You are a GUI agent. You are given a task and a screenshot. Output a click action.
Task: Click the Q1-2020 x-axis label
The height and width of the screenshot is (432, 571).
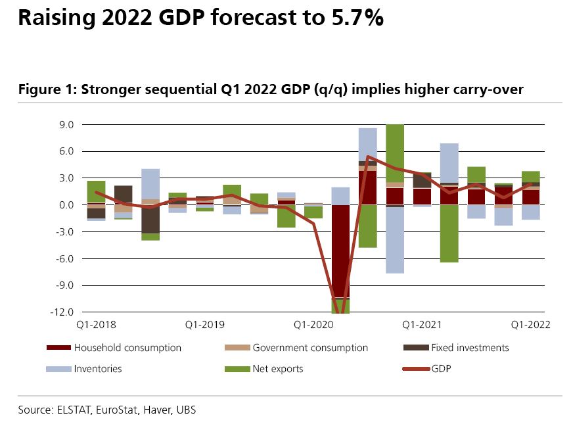pyautogui.click(x=312, y=324)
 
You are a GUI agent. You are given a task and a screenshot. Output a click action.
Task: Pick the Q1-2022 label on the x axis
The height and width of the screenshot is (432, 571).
pyautogui.click(x=530, y=324)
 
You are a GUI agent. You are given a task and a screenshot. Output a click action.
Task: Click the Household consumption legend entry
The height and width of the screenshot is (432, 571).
pyautogui.click(x=127, y=348)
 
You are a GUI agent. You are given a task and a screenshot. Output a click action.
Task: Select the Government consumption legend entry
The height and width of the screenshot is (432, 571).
pyautogui.click(x=310, y=348)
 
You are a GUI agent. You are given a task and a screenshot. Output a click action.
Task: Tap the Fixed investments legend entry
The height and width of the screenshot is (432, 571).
pyautogui.click(x=470, y=348)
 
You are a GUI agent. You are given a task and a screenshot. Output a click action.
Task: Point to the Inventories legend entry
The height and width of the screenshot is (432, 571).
pyautogui.click(x=98, y=369)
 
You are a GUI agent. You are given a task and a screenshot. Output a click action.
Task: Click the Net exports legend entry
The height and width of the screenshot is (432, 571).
pyautogui.click(x=278, y=369)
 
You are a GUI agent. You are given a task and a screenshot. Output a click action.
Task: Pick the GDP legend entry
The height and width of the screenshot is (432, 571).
pyautogui.click(x=442, y=369)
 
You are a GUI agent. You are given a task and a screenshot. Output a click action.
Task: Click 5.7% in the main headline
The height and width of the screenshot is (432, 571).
pyautogui.click(x=354, y=18)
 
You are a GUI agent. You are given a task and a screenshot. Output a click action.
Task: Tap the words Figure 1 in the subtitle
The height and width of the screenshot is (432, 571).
pyautogui.click(x=45, y=89)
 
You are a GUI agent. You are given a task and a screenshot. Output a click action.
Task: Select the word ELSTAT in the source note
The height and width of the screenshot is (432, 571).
pyautogui.click(x=76, y=410)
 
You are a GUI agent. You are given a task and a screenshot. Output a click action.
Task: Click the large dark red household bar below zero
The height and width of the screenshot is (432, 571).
pyautogui.click(x=340, y=250)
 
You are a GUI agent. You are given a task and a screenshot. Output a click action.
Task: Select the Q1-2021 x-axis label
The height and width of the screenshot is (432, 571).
pyautogui.click(x=421, y=324)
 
